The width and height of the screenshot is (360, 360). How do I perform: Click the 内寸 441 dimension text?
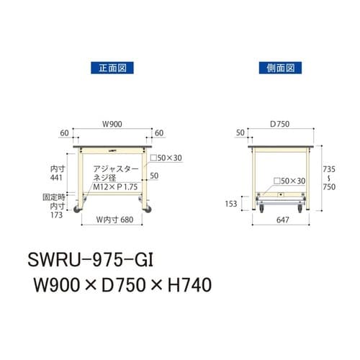tap(53, 171)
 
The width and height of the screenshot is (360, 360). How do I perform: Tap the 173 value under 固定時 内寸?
tap(55, 214)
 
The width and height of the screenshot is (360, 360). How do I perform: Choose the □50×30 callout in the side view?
tap(292, 181)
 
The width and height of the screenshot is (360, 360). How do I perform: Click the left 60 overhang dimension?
tap(66, 133)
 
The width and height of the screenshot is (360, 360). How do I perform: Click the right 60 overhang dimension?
tap(158, 133)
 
